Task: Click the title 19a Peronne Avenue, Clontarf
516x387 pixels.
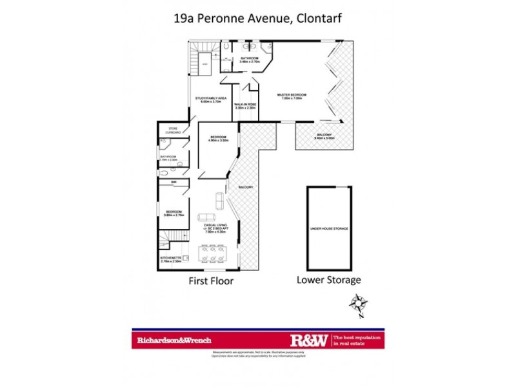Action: point(257,19)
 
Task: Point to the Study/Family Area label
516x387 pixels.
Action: point(211,100)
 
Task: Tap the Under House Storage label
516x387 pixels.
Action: point(329,229)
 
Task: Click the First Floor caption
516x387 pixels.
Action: point(210,281)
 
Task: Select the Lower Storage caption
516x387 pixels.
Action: point(328,280)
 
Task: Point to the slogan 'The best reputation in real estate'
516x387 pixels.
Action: point(355,340)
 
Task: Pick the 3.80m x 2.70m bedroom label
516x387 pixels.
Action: point(174,213)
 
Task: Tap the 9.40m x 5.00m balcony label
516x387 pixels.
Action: point(322,137)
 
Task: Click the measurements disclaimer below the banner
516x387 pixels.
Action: point(258,354)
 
